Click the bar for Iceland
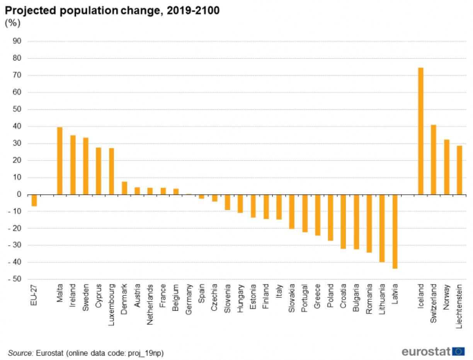pyautogui.click(x=421, y=131)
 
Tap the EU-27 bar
pyautogui.click(x=34, y=200)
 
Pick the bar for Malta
pyautogui.click(x=60, y=161)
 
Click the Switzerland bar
pyautogui.click(x=434, y=160)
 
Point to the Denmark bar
pyautogui.click(x=124, y=188)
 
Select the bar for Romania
pyautogui.click(x=369, y=224)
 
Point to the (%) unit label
pyautogui.click(x=12, y=23)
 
